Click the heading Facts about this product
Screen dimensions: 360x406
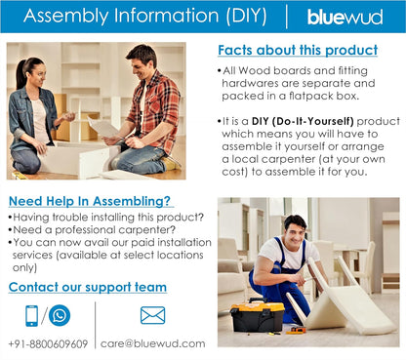[x=297, y=50]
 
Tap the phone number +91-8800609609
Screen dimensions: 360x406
[x=47, y=343]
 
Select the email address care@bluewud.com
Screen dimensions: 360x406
[x=152, y=343]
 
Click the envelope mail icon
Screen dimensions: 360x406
[x=152, y=315]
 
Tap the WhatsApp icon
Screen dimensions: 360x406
[x=61, y=315]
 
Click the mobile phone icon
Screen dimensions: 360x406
[x=32, y=315]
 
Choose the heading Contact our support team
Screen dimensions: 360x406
[x=87, y=287]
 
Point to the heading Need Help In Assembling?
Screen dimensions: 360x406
[x=81, y=201]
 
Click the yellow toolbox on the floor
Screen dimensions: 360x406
[x=258, y=316]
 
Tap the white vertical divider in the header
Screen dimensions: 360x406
[x=287, y=17]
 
